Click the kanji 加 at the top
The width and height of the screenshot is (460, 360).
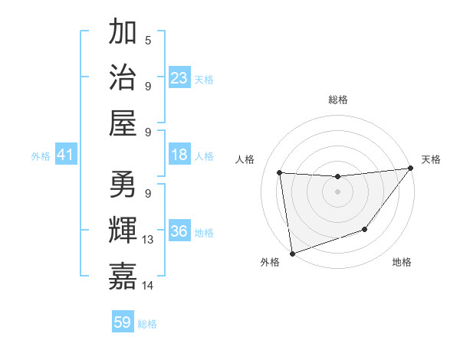coord(123,32)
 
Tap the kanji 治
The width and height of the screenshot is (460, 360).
coord(123,77)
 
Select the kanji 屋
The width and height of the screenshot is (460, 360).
coord(123,122)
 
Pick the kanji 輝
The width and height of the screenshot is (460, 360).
coord(123,231)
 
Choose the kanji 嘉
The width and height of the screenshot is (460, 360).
coord(123,277)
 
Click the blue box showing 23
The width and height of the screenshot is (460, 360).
coord(179,77)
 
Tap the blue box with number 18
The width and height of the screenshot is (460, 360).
coord(179,155)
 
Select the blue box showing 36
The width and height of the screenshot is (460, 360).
coord(179,231)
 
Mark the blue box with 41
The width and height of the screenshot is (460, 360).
coord(65,155)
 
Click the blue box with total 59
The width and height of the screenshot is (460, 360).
coord(123,322)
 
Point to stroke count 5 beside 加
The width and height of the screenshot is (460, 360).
coord(147,41)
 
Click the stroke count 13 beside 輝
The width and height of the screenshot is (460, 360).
coord(148,240)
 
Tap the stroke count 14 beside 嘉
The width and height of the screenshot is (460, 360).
coord(148,286)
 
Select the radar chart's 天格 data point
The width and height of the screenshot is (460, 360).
coord(409,169)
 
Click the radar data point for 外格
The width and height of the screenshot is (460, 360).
coord(291,253)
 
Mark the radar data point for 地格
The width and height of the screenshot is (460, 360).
coord(365,229)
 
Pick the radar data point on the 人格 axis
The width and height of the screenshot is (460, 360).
coord(279,173)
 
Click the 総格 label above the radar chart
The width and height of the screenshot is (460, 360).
coord(337,100)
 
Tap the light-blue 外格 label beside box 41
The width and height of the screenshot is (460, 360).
coord(41,156)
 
